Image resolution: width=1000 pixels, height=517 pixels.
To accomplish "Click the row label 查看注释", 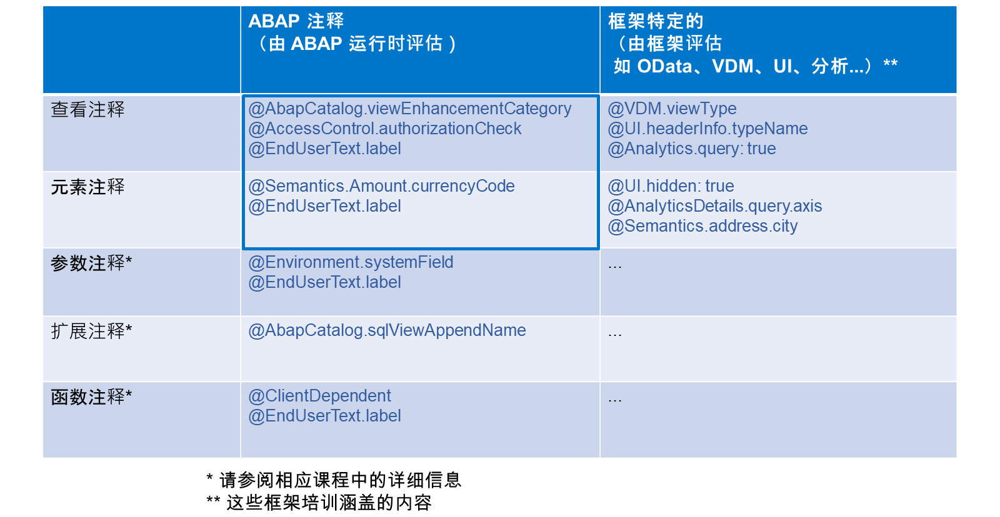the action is pos(87,109).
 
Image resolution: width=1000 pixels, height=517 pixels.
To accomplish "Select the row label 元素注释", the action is pos(87,187).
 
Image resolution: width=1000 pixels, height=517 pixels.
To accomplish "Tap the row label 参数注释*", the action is pos(91,263).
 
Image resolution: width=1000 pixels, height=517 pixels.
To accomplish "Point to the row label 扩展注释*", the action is pos(91,331).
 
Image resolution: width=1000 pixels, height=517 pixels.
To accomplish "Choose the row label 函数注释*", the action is pos(91,396).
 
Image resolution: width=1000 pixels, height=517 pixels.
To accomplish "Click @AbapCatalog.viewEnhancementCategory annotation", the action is pos(410,109).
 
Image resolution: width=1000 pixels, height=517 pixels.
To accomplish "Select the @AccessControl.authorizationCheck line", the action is pos(385,129).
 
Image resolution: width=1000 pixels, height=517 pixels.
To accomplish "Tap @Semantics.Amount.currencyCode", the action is pos(381,186).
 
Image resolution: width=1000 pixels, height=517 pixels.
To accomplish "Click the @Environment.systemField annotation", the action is pos(351,262).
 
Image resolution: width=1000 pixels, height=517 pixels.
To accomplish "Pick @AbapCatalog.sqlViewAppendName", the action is pos(387,330).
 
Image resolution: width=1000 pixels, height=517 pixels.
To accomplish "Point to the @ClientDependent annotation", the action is pos(319,396).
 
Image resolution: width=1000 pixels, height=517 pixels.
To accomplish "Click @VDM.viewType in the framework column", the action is pos(672,109).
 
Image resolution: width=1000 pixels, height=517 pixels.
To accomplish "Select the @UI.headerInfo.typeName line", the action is pos(707,129).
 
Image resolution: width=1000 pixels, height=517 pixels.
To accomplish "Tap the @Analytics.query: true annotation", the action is pos(691,149).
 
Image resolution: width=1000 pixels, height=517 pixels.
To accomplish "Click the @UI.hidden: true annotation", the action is pos(671,186).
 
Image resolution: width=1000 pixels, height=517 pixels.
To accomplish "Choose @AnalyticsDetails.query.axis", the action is pos(715,206).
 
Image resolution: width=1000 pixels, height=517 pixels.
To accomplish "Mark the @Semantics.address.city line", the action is pos(702,226).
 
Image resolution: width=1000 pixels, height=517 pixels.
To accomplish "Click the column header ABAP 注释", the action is pos(296,21).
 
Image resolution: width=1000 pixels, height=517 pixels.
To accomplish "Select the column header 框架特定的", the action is pos(656,21).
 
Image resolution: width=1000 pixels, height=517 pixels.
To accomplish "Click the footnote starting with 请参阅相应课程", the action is pos(334,480).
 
